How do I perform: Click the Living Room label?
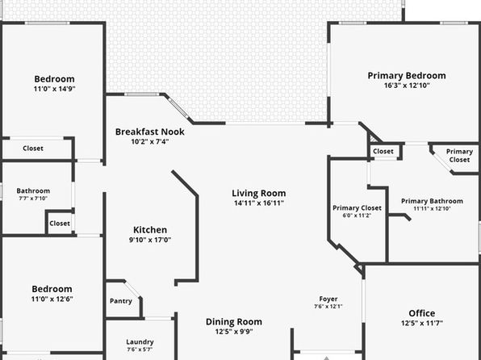tap(259, 194)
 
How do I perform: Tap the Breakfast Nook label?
tap(149, 132)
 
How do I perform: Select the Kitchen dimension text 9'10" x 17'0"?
tap(150, 240)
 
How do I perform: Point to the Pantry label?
tap(121, 301)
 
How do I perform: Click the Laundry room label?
tap(140, 342)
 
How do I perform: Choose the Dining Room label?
tap(234, 322)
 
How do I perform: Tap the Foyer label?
tap(328, 299)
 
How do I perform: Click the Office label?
tap(422, 313)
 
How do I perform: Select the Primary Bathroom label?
tap(432, 201)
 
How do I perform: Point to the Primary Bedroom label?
tap(407, 76)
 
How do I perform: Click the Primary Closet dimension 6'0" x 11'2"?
tap(357, 216)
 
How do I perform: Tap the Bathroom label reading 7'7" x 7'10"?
tap(33, 199)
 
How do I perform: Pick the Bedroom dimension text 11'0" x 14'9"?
tap(54, 89)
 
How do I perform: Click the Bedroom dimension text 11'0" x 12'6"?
tap(52, 299)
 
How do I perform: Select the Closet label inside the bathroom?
tap(60, 224)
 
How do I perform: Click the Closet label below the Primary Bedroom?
tap(383, 152)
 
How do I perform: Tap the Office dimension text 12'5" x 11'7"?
tap(422, 323)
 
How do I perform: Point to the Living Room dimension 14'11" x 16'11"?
tap(259, 203)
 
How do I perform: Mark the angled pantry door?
tap(132, 289)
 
